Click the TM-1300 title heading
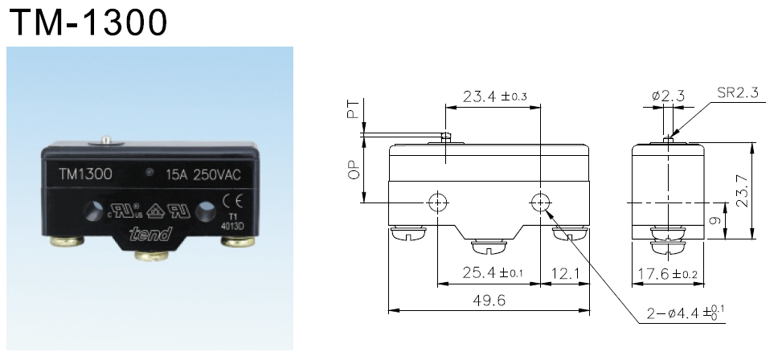87,23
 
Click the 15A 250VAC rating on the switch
203,174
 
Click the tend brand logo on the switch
150,234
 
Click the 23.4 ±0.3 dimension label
494,97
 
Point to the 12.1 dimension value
566,274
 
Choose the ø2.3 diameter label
668,96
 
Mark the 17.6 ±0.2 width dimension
668,274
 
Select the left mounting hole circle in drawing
437,202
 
